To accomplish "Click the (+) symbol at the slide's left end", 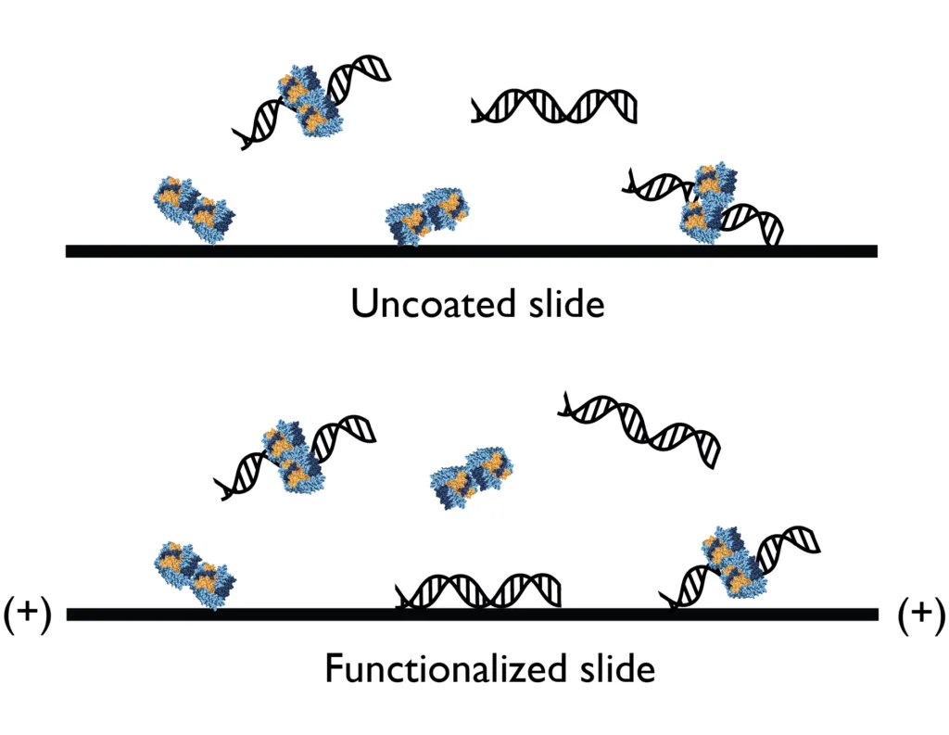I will point(27,615).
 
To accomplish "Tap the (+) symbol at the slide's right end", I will point(921,615).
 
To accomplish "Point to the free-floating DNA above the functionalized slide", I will point(639,429).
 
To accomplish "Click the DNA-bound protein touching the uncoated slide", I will point(706,204).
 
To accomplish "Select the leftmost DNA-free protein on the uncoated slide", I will point(194,210).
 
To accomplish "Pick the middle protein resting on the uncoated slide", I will point(426,215).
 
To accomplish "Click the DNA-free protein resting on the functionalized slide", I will point(195,575).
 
